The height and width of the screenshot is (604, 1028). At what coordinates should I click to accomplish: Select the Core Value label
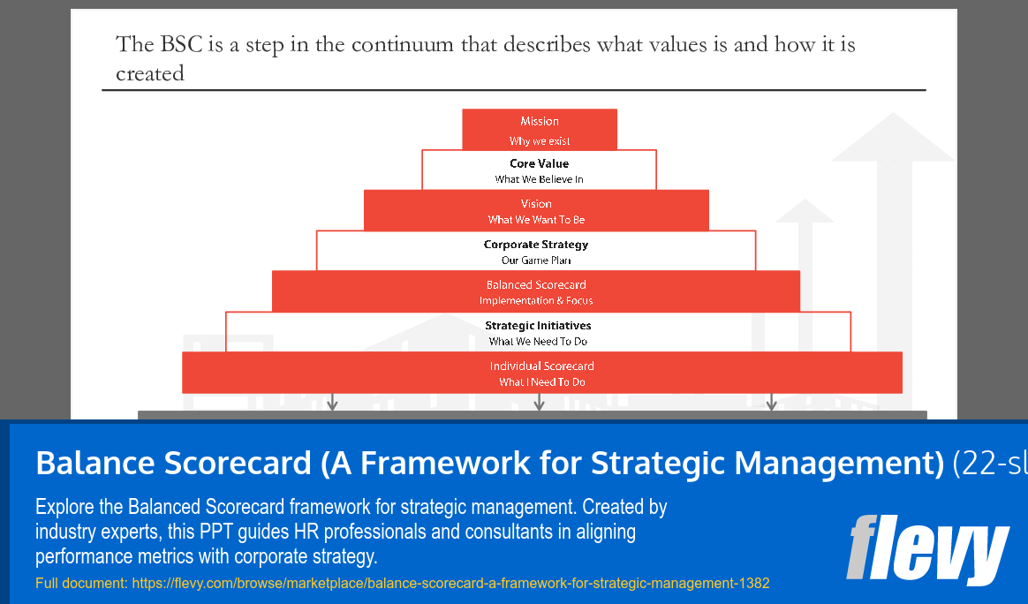[x=539, y=163]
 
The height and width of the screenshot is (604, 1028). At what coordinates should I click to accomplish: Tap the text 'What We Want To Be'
[x=536, y=220]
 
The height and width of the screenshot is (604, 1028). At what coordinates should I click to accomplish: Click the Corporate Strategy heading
[x=536, y=245]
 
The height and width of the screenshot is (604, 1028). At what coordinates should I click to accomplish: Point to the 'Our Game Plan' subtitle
[x=536, y=260]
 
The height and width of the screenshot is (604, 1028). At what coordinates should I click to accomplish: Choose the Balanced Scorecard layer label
[x=536, y=285]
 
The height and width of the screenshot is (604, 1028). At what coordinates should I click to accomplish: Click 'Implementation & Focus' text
[x=536, y=301]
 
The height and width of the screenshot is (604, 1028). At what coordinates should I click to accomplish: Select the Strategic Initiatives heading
[x=538, y=326]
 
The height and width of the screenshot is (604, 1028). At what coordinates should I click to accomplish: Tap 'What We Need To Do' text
[x=538, y=342]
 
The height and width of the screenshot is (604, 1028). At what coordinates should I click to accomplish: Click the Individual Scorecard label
[x=541, y=366]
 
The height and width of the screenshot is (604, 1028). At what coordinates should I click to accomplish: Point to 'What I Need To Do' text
[x=541, y=382]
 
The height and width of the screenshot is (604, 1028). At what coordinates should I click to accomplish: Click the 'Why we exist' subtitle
[x=540, y=141]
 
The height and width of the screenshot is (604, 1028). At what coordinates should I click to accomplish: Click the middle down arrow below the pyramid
[x=539, y=402]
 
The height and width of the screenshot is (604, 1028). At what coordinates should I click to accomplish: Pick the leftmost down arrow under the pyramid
[x=333, y=402]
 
